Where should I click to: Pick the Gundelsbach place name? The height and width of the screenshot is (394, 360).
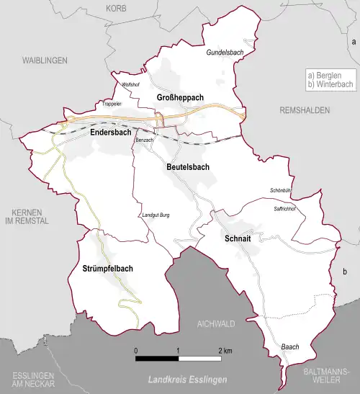tap(222, 53)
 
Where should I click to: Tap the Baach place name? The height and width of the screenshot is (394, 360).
tap(289, 346)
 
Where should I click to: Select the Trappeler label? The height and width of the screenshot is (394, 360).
tap(113, 104)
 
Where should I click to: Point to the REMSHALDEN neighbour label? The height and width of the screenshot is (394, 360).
tap(305, 110)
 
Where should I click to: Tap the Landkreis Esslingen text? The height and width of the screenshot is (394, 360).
tap(187, 380)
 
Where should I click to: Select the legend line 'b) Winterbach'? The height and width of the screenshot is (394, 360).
tap(330, 84)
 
